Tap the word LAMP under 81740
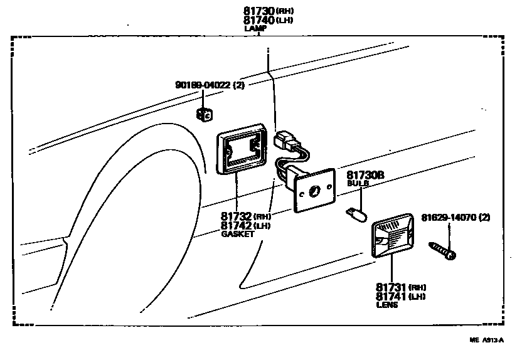pos(255,28)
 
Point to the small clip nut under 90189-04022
pos(203,114)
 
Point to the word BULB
pos(357,184)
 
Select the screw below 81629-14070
pos(443,249)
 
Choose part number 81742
pos(234,225)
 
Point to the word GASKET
pos(237,234)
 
